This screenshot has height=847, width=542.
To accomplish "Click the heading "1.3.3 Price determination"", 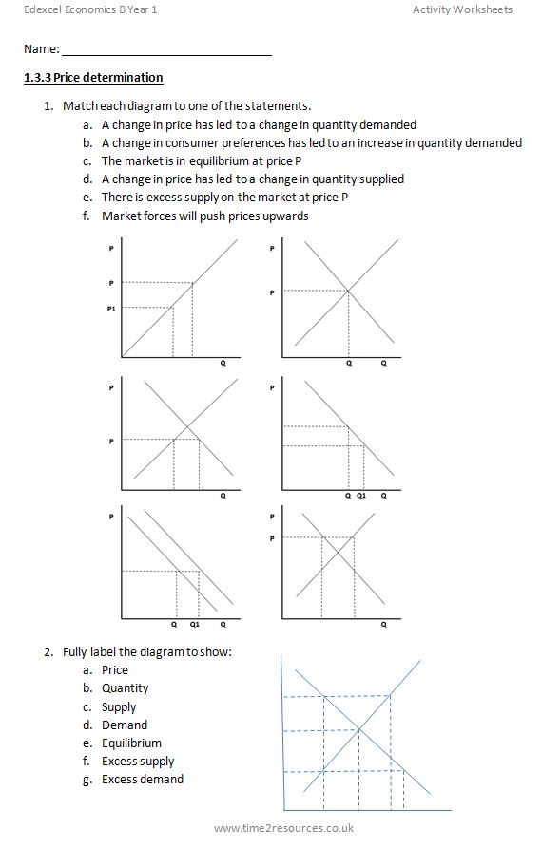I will pyautogui.click(x=93, y=78).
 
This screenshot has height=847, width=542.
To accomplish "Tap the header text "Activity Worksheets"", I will pyautogui.click(x=462, y=9).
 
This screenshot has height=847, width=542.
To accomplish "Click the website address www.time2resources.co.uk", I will pyautogui.click(x=283, y=829).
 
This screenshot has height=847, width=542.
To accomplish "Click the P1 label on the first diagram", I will pyautogui.click(x=112, y=308).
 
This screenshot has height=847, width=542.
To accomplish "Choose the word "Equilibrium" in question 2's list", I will pyautogui.click(x=131, y=743).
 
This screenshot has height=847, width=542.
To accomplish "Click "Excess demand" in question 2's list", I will pyautogui.click(x=143, y=779).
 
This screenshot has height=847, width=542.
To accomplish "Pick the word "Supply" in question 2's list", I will pyautogui.click(x=119, y=706).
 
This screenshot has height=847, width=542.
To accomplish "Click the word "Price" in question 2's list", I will pyautogui.click(x=115, y=669).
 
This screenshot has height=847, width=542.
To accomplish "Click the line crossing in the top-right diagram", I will pyautogui.click(x=349, y=291).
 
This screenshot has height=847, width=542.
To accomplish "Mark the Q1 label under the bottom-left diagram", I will pyautogui.click(x=194, y=625).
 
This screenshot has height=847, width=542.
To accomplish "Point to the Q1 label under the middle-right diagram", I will pyautogui.click(x=361, y=495).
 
